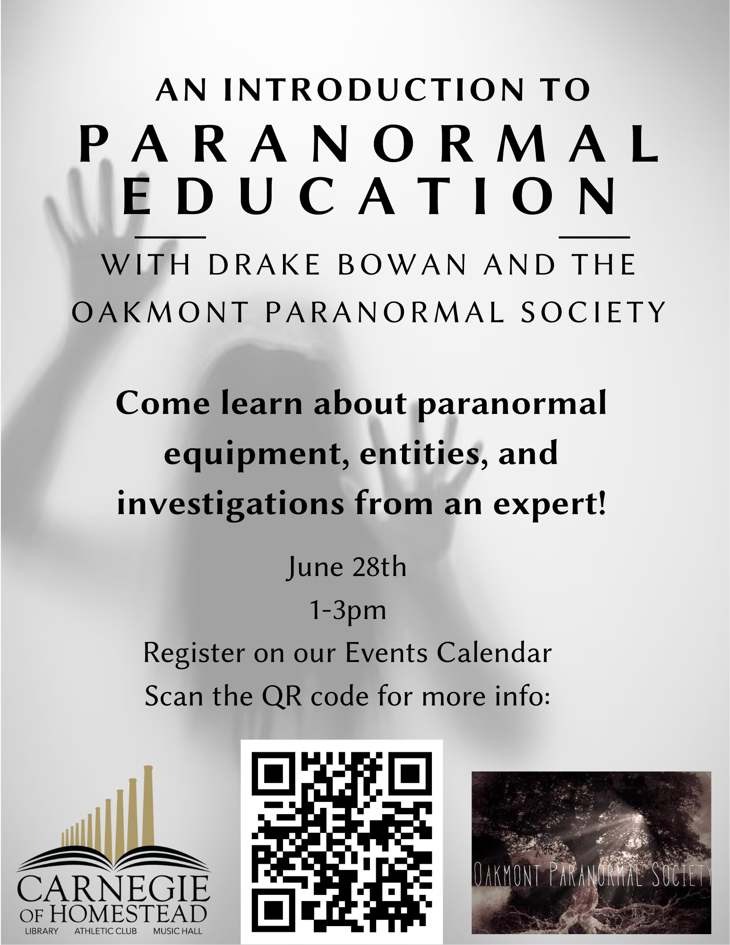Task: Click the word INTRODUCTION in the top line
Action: pos(374,90)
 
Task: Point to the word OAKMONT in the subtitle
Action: pos(160,312)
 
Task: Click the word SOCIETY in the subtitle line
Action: pos(593,312)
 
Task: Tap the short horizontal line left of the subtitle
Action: pos(170,237)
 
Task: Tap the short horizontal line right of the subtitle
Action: pos(594,237)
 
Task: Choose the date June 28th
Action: pos(346,568)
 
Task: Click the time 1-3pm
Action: pos(348,611)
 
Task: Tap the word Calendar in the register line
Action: pos(494,653)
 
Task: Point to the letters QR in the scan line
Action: pos(282,696)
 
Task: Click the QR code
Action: pos(342,842)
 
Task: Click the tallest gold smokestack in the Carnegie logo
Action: pos(148,805)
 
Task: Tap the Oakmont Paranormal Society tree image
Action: pos(591,853)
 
